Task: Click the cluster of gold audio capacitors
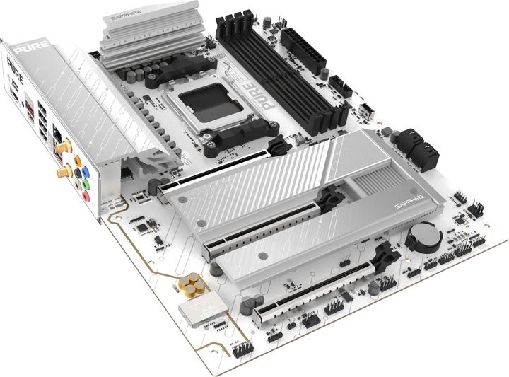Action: [192, 285]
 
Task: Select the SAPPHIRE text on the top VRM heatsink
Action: [129, 13]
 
